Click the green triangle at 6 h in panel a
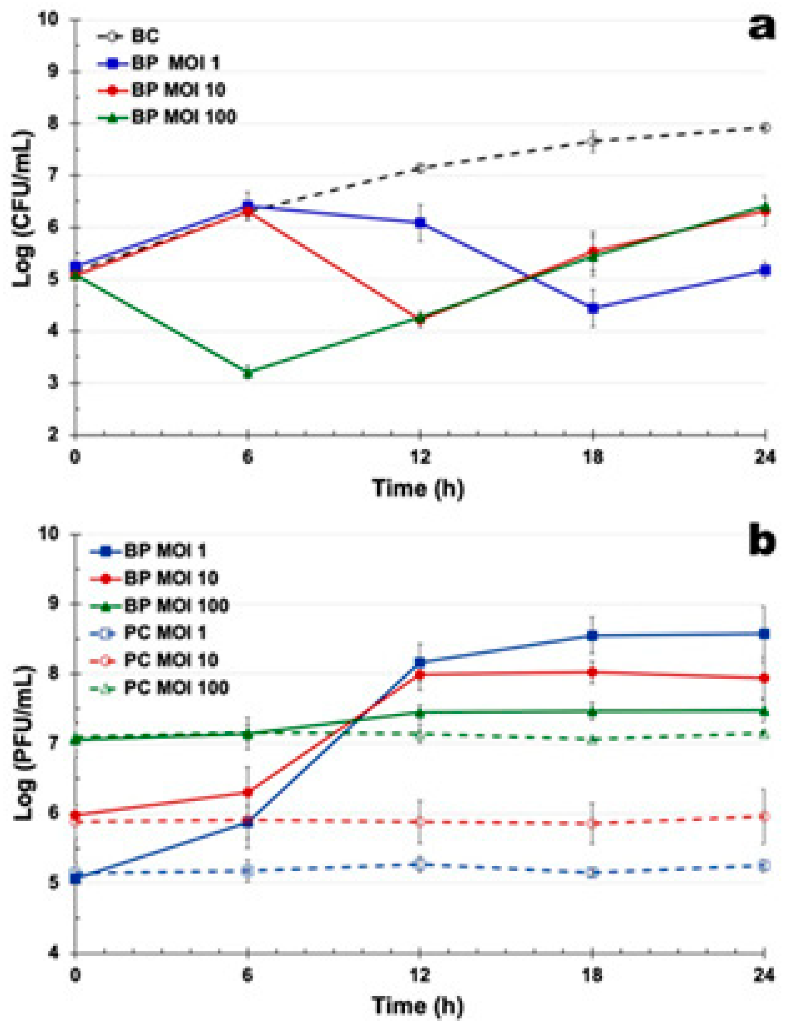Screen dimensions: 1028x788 pyautogui.click(x=248, y=373)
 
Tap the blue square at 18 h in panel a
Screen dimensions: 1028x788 pyautogui.click(x=593, y=308)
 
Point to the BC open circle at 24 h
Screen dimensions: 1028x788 pyautogui.click(x=765, y=127)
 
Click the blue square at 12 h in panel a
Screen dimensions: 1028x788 pyautogui.click(x=420, y=222)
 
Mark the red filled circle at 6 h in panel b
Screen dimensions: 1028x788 pyautogui.click(x=248, y=792)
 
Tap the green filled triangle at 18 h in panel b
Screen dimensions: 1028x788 pyautogui.click(x=593, y=712)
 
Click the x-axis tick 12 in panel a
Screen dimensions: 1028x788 pyautogui.click(x=420, y=457)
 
